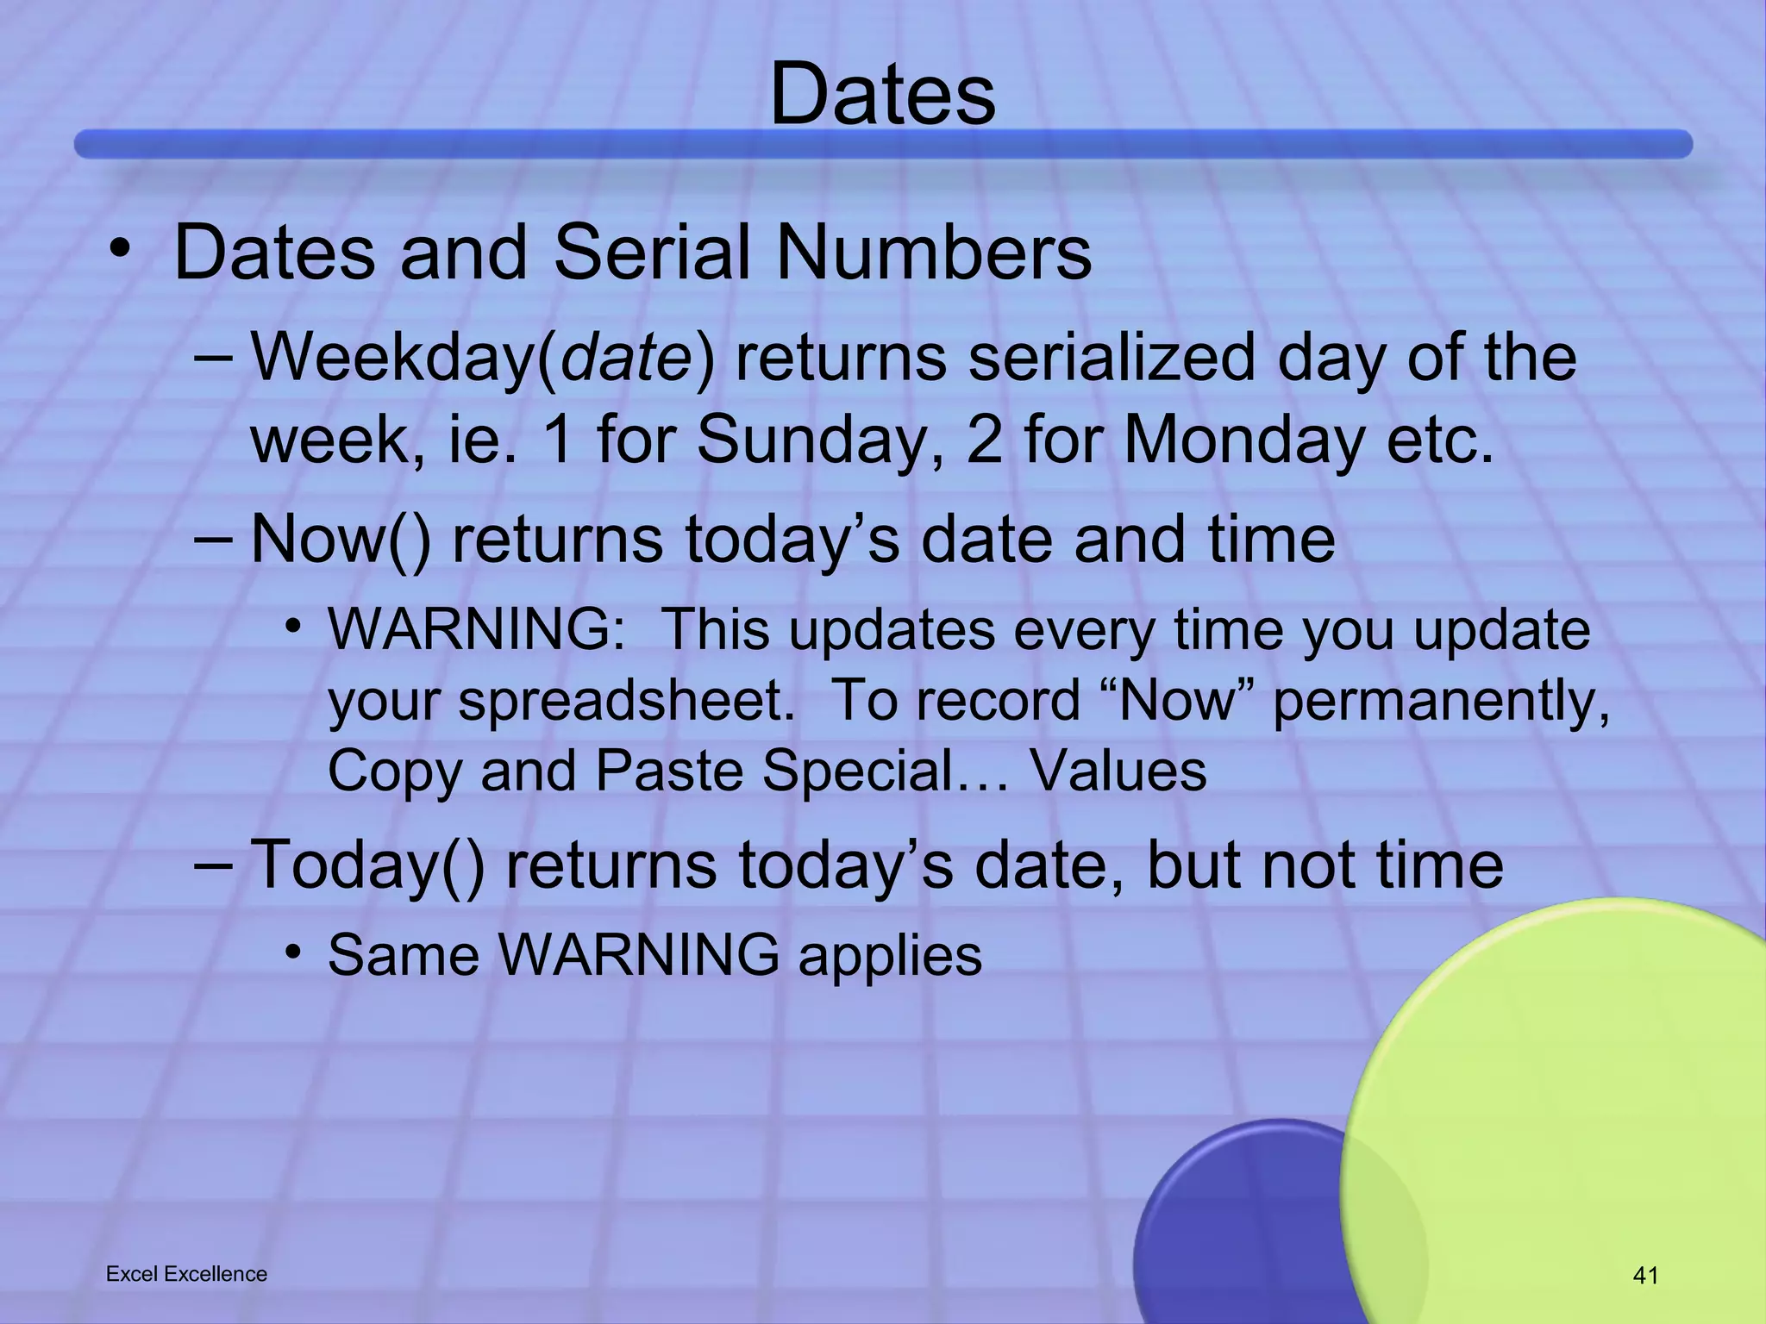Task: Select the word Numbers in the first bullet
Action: point(933,253)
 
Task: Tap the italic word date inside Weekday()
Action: point(626,358)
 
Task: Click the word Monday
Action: point(1244,440)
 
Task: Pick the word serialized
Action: point(1111,358)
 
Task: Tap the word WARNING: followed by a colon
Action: point(477,629)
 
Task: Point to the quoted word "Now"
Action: point(1177,700)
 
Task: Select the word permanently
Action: point(1440,702)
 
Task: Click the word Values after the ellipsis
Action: point(1118,771)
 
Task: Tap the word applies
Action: point(890,956)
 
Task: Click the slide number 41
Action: point(1645,1276)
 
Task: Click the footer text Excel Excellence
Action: point(186,1274)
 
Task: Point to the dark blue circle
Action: point(1242,1233)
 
